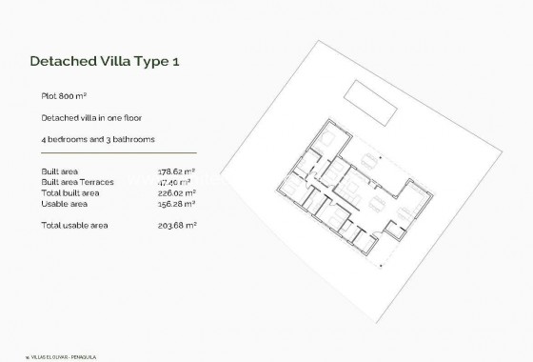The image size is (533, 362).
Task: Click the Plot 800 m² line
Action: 64,96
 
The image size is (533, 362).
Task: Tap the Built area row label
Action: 62,171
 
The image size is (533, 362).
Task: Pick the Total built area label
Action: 70,192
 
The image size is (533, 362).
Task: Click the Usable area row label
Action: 65,203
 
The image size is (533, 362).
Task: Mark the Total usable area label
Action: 74,225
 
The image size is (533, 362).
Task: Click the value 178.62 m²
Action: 176,171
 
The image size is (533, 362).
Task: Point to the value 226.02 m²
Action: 176,192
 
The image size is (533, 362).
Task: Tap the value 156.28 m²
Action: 176,203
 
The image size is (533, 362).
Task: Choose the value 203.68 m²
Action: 176,225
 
